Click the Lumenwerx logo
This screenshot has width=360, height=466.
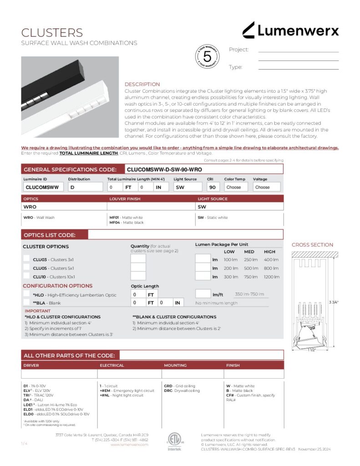point(290,30)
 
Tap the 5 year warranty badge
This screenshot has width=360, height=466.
point(207,57)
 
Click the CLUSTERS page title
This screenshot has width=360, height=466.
point(52,33)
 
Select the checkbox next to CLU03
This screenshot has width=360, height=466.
point(26,259)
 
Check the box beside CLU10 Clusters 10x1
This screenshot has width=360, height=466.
point(26,276)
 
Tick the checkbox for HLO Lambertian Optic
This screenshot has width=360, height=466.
point(26,294)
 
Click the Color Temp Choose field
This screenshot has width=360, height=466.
point(236,187)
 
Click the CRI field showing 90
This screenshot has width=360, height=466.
point(214,187)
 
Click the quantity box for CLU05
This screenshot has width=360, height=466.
point(138,268)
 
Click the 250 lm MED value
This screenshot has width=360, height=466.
point(251,259)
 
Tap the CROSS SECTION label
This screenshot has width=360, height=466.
point(312,245)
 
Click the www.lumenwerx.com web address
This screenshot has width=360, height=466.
point(129,445)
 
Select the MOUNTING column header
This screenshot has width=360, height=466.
point(175,365)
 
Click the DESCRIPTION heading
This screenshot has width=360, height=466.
point(142,84)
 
